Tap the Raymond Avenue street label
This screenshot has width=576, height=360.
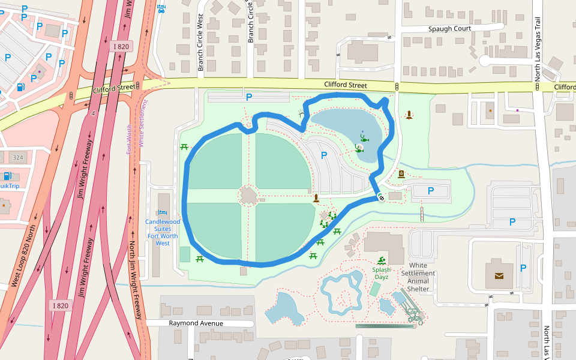point(196,323)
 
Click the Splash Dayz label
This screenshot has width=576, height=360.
point(381,273)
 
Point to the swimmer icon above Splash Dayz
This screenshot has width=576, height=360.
point(381,260)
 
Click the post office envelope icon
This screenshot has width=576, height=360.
point(500,276)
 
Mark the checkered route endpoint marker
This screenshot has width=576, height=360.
point(381,197)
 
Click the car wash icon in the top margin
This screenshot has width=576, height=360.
point(161,8)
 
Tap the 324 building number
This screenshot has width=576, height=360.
point(18,158)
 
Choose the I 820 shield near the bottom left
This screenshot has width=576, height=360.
point(60,305)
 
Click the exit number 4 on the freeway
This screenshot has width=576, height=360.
point(93,113)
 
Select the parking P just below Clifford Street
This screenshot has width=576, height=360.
point(248,97)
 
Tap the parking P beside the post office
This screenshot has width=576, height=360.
point(523,268)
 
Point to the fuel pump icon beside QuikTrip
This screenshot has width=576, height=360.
point(7,176)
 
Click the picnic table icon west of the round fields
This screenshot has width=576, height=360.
point(184,146)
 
